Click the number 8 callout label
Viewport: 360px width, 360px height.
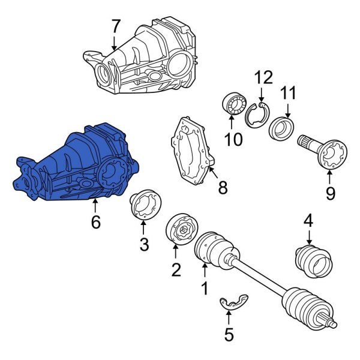tap(223, 188)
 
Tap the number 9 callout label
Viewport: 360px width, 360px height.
tap(329, 194)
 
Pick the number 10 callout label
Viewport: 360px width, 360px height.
tap(233, 140)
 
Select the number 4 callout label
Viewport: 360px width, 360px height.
tap(308, 220)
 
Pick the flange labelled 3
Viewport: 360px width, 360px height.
tap(143, 204)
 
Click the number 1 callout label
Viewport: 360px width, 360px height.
tap(204, 288)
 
